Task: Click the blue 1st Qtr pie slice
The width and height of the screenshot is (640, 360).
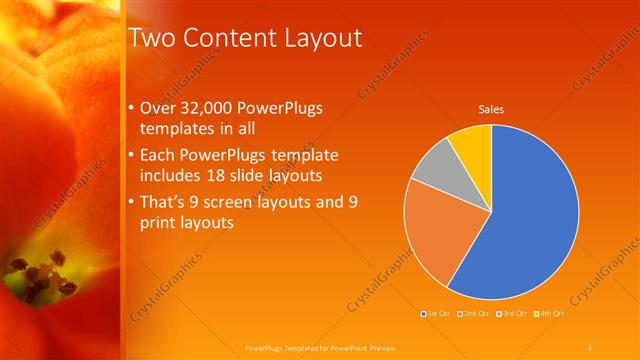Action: tap(530, 220)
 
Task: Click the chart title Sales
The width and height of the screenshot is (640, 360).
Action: tap(491, 109)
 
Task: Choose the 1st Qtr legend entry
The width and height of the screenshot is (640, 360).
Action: tap(436, 316)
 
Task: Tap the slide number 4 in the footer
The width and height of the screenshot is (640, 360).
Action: tap(590, 347)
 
